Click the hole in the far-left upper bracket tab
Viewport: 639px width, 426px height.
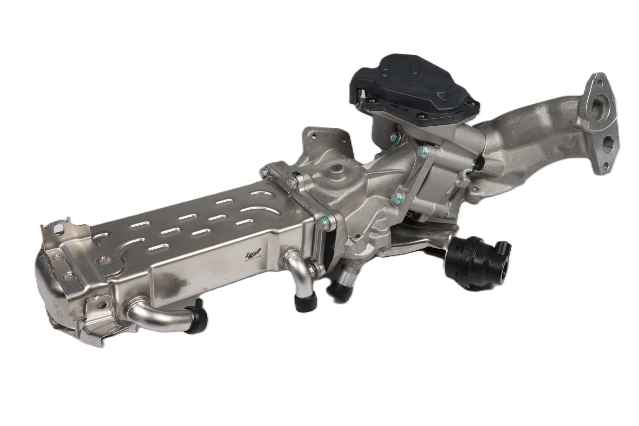(59, 230)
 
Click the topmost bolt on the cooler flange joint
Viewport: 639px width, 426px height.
(265, 171)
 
